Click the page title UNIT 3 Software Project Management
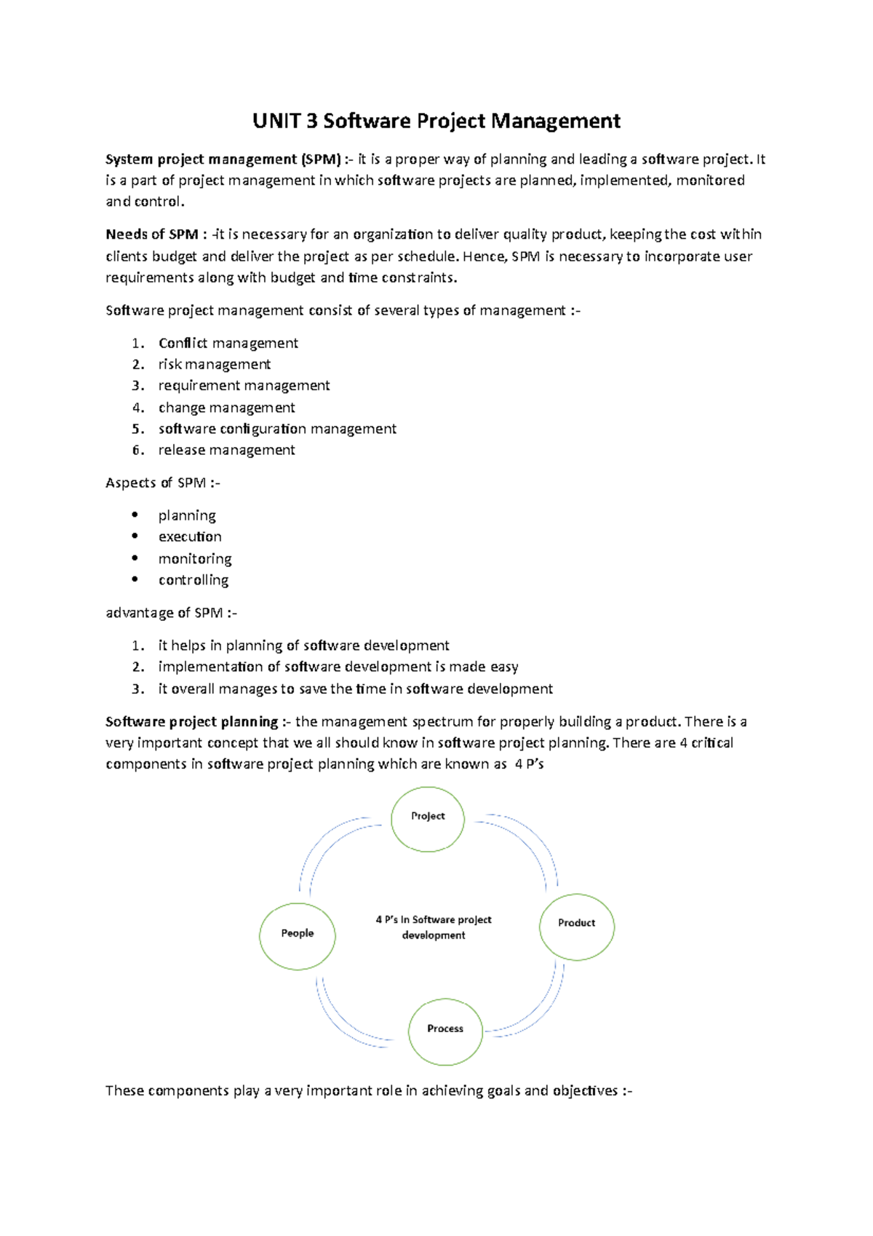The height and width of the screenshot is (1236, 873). (436, 121)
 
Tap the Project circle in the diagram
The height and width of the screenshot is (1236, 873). (428, 818)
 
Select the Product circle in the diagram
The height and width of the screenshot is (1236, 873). (577, 926)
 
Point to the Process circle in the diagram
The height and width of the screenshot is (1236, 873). (445, 1031)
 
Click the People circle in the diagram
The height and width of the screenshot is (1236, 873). (298, 935)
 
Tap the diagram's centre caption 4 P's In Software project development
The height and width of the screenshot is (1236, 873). (434, 927)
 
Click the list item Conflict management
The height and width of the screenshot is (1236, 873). (228, 343)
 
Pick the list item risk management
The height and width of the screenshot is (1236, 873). (214, 364)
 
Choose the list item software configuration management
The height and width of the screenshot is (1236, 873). (277, 429)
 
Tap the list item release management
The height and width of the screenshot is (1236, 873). (226, 450)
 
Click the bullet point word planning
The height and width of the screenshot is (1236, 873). (187, 515)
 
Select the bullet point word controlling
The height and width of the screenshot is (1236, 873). (194, 580)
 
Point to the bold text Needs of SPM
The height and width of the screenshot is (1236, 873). (152, 234)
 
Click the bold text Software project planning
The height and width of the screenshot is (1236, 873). (192, 721)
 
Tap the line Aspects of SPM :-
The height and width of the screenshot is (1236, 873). (162, 483)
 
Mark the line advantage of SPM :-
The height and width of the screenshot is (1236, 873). (171, 613)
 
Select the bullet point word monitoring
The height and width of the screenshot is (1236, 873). (195, 558)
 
